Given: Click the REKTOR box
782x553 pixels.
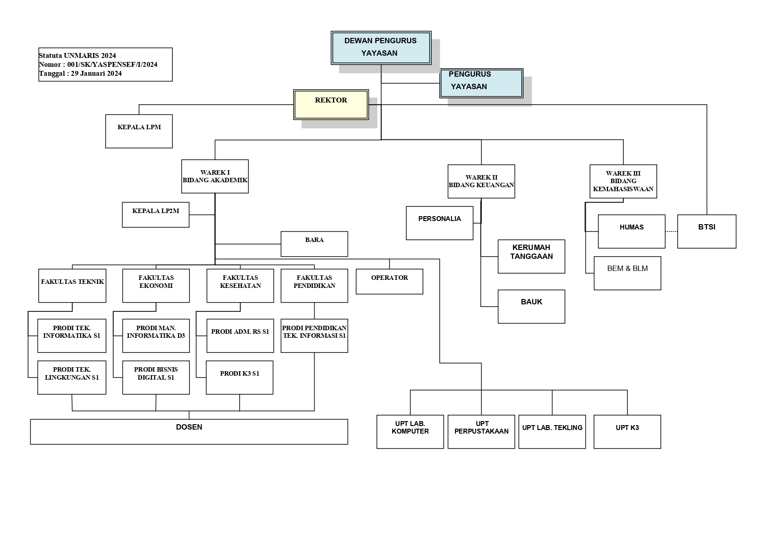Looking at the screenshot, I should [331, 105].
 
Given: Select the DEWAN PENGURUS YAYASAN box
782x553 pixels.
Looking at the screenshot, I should [381, 47].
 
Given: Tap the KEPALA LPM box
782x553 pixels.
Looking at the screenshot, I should [139, 131].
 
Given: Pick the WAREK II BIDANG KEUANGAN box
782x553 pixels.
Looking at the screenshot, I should [481, 181].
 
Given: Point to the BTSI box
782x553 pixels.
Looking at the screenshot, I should [707, 231].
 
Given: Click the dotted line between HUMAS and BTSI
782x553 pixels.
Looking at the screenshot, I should [671, 231].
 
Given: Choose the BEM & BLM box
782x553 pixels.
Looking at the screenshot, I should [627, 273].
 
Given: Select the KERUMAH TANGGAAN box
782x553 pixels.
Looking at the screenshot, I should [531, 256].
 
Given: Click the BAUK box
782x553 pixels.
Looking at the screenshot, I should [531, 306].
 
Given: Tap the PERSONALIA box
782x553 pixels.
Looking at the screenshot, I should [439, 223].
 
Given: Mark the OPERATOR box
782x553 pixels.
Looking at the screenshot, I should [389, 281].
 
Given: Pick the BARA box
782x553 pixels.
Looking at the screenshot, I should [314, 244].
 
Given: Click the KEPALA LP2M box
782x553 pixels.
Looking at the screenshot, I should [156, 214].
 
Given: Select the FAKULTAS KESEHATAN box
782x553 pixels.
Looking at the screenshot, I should [240, 285].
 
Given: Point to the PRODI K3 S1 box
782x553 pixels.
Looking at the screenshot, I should [239, 377].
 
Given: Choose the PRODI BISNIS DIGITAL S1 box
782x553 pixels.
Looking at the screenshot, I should [156, 377].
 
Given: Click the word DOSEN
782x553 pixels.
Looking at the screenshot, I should [189, 427].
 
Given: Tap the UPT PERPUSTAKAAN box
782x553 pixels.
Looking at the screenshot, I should [481, 431].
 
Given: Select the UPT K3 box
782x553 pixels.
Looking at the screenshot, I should [627, 431].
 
